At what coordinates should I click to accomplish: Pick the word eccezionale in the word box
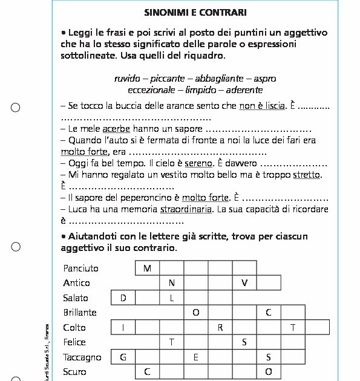[150, 90]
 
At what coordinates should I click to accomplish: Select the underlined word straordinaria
[186, 209]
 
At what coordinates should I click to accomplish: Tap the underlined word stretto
[306, 175]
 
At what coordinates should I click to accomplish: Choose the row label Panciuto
[80, 268]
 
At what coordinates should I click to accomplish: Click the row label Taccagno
[82, 357]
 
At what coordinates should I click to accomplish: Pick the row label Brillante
[80, 313]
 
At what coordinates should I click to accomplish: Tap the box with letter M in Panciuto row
[148, 268]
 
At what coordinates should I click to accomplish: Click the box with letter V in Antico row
[244, 282]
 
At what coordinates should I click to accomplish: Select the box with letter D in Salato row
[123, 298]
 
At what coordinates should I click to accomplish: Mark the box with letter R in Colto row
[220, 327]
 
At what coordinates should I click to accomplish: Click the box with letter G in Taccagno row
[123, 357]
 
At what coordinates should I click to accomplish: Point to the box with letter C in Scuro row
[148, 372]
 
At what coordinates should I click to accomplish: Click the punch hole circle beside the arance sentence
[16, 108]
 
